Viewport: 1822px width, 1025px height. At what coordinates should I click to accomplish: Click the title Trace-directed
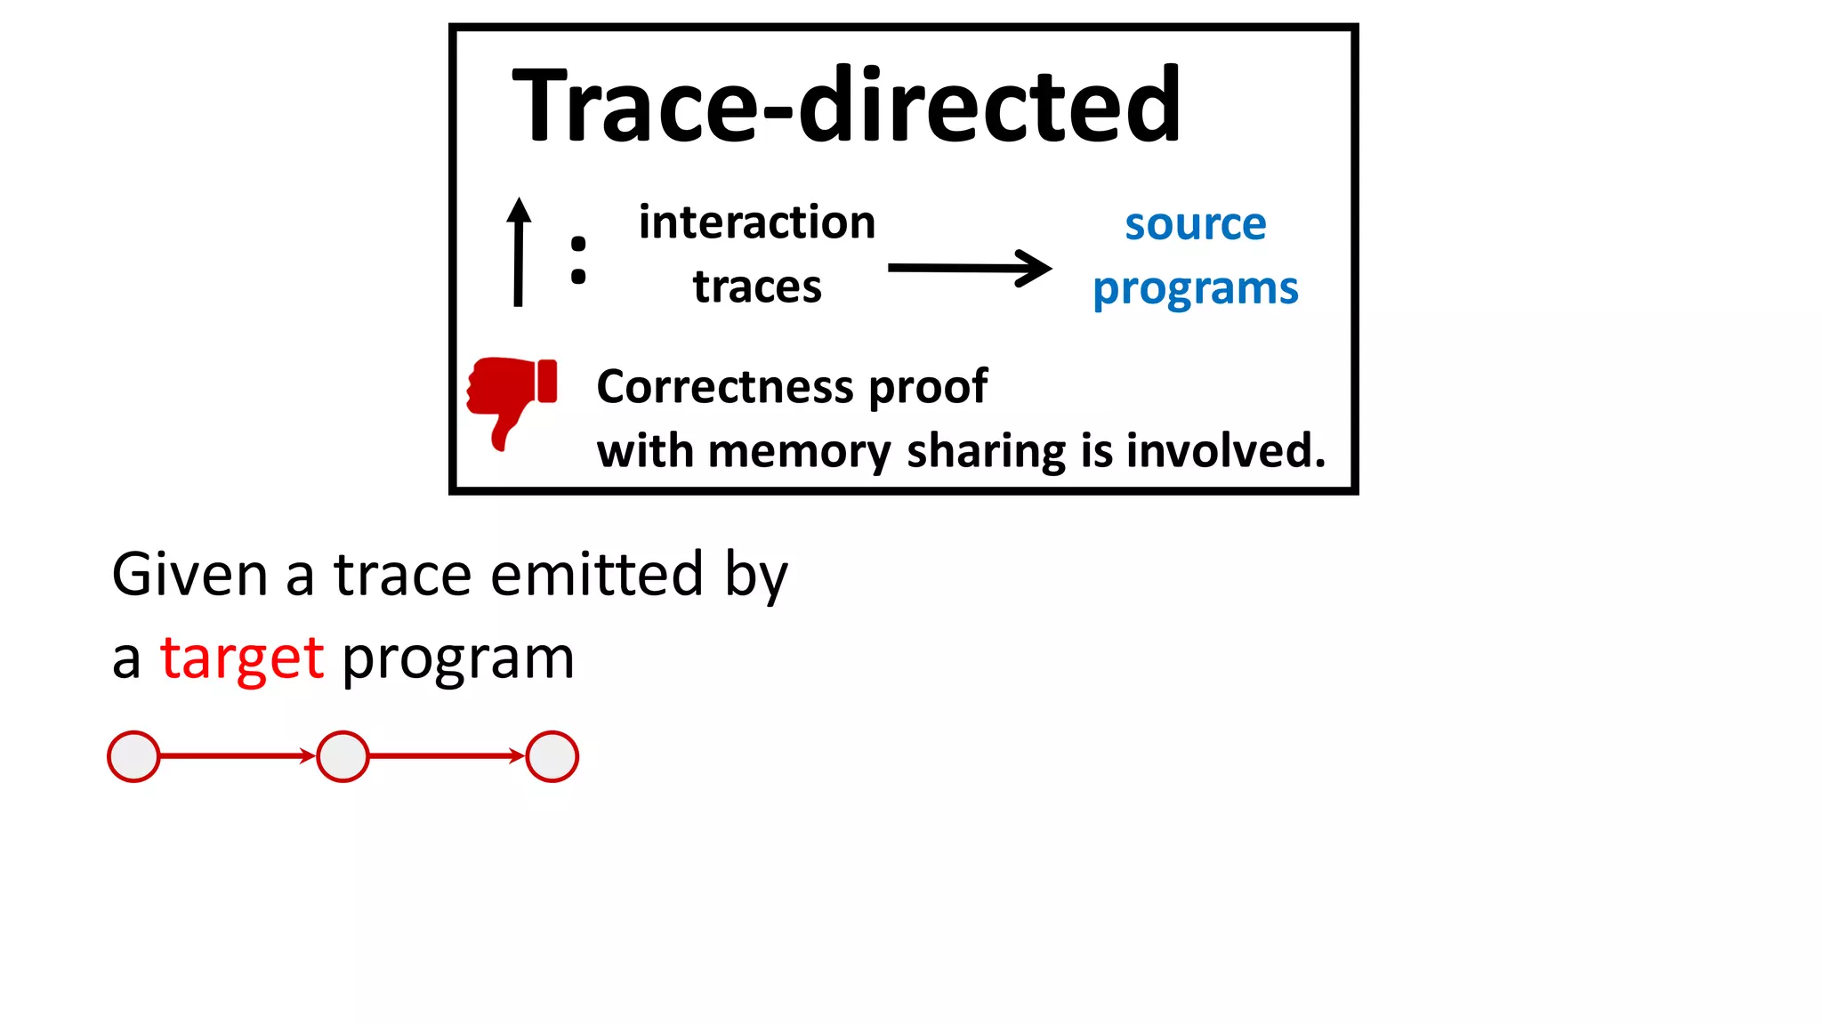846,106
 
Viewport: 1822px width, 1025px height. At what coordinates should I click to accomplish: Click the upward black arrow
519,253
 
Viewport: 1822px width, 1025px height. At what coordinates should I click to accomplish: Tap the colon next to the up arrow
578,260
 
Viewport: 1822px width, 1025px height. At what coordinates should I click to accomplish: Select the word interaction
757,222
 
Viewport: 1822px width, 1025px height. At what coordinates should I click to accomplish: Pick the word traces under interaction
757,287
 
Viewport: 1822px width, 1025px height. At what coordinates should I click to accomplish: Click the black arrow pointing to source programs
969,268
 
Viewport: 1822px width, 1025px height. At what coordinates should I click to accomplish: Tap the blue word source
1195,224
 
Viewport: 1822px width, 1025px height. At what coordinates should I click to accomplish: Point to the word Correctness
725,387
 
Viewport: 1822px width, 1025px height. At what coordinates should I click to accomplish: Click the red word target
241,658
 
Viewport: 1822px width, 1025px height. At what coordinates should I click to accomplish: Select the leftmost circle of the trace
133,756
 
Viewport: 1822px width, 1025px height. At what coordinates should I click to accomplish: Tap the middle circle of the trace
343,756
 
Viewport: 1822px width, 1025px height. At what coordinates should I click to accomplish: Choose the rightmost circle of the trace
552,756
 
